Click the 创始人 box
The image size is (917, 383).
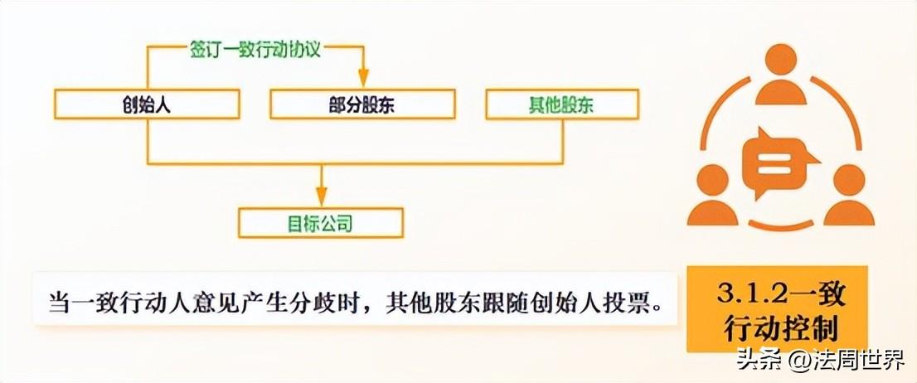[146, 105]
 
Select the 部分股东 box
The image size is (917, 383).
[362, 105]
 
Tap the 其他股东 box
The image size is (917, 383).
[561, 105]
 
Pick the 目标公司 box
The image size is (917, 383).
[321, 222]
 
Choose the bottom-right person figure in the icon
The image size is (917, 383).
[847, 198]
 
